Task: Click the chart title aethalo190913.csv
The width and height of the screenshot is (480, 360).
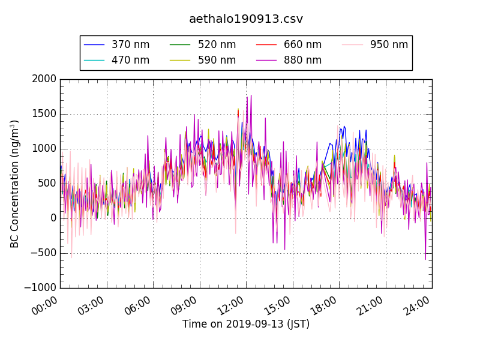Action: tap(246, 19)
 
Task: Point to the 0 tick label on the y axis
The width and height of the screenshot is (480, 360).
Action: tap(52, 218)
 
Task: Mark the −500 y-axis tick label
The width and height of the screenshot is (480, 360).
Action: tap(41, 253)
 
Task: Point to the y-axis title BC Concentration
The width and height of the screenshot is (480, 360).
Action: tap(15, 184)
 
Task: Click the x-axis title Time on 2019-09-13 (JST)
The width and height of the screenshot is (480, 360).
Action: tap(246, 325)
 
